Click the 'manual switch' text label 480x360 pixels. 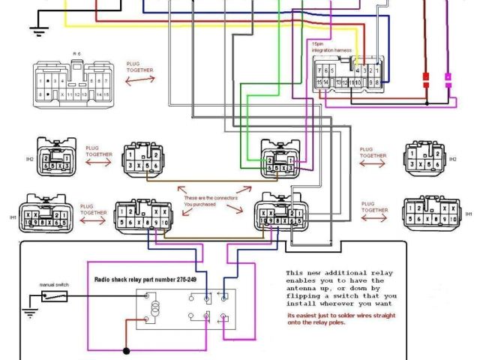click(54, 285)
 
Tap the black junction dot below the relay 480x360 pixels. click(126, 350)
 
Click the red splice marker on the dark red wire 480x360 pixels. click(425, 79)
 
